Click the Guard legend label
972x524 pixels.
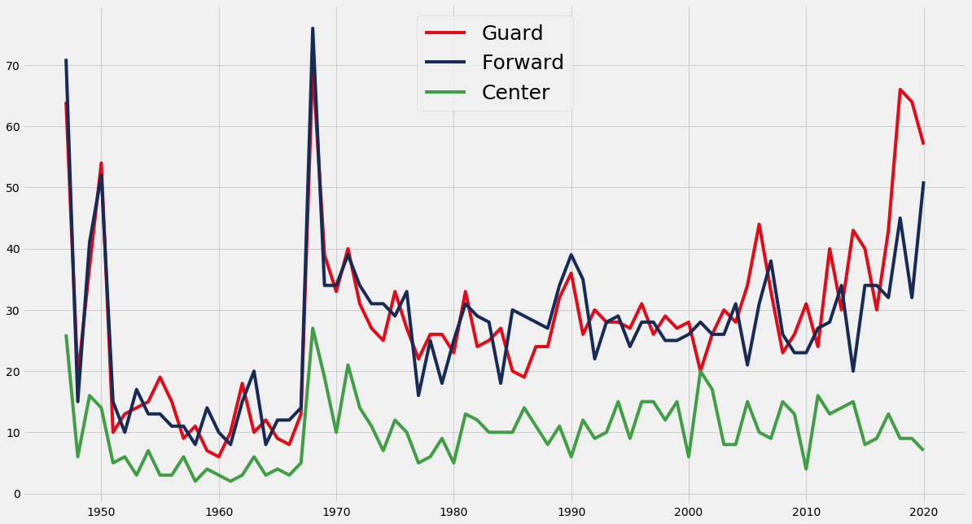tap(512, 33)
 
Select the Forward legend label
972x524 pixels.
tap(523, 63)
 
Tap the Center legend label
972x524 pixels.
tap(515, 93)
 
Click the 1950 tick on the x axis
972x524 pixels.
tap(101, 512)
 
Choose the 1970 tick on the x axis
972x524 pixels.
tap(336, 512)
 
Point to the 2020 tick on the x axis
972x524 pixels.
tap(923, 512)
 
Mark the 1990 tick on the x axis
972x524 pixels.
tap(571, 512)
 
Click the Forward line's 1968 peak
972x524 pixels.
tap(313, 29)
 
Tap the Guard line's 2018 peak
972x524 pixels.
tap(900, 90)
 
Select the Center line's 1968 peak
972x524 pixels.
tap(313, 329)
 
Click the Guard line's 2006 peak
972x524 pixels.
tap(759, 225)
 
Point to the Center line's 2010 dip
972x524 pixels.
tap(806, 469)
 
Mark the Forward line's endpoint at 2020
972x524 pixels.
tap(923, 182)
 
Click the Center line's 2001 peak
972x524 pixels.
tap(700, 372)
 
